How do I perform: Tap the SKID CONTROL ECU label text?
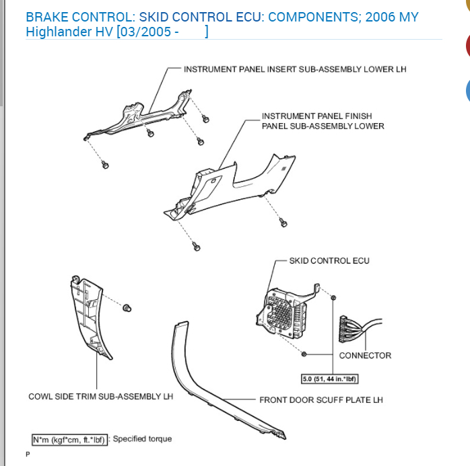point(329,261)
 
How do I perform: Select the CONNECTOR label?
point(365,356)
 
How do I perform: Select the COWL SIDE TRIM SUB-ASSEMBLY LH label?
point(100,396)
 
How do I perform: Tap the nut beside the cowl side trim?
point(127,307)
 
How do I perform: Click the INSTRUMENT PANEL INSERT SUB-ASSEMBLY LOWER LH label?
point(295,69)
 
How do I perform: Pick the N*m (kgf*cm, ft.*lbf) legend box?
point(69,439)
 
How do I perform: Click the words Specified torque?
point(142,439)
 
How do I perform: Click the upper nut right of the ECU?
point(335,297)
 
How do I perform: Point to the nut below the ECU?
point(304,353)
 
